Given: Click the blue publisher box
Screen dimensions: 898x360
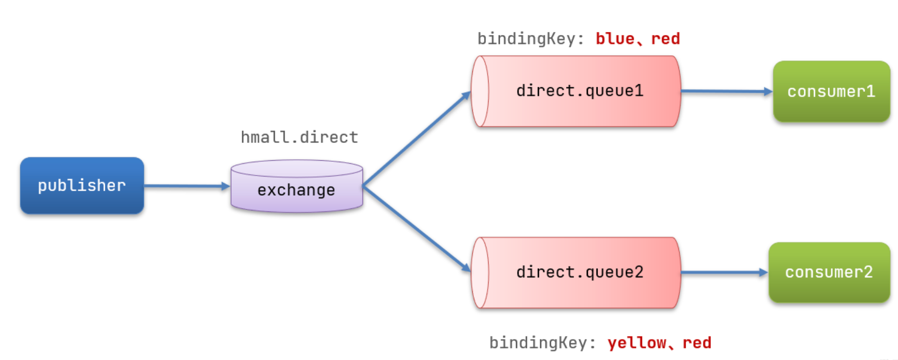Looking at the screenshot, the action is point(82,186).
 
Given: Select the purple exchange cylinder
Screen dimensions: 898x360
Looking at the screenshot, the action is point(297,186).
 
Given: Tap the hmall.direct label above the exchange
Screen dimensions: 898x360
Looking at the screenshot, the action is point(300,137).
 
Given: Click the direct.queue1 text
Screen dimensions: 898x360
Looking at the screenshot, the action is point(580,91).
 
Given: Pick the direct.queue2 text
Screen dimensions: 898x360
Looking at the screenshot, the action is point(580,272).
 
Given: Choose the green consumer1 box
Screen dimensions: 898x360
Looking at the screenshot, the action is point(832,91).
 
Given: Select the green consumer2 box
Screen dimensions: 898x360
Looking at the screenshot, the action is point(829,272).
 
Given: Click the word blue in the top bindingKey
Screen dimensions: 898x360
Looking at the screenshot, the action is point(615,39).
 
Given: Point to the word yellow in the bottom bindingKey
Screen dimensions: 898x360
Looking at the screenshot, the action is point(637,343).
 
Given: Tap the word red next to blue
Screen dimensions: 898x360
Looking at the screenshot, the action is point(665,39).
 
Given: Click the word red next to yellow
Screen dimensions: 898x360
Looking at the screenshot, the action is point(697,343).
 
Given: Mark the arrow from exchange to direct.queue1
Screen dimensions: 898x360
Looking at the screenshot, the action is point(417,138).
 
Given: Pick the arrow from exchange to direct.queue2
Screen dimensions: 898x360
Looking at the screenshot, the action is point(417,229).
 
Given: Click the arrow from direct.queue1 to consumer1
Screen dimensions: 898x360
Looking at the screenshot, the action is point(727,91).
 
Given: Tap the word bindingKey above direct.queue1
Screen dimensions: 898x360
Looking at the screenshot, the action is point(531,39).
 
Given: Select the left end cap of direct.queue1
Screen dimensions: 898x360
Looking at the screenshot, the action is point(480,91).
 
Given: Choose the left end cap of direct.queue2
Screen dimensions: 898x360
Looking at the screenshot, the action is point(480,273).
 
